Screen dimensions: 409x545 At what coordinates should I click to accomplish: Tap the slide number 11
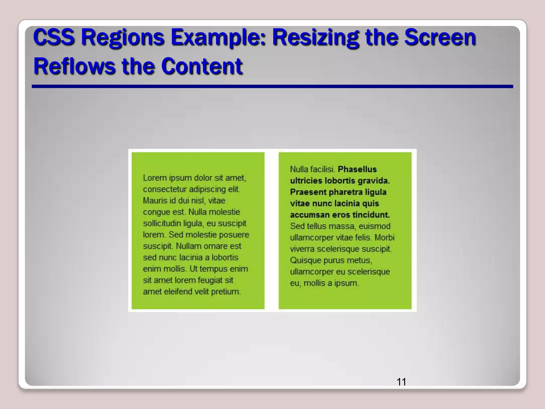coord(401,382)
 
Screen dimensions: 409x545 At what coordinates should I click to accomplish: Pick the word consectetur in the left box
coord(165,189)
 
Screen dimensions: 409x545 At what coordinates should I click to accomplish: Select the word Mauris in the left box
coord(155,201)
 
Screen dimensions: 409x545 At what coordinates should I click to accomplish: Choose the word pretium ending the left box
coord(226,292)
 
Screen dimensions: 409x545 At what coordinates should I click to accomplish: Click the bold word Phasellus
coord(357,169)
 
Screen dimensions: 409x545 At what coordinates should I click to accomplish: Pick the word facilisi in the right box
coord(323,169)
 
